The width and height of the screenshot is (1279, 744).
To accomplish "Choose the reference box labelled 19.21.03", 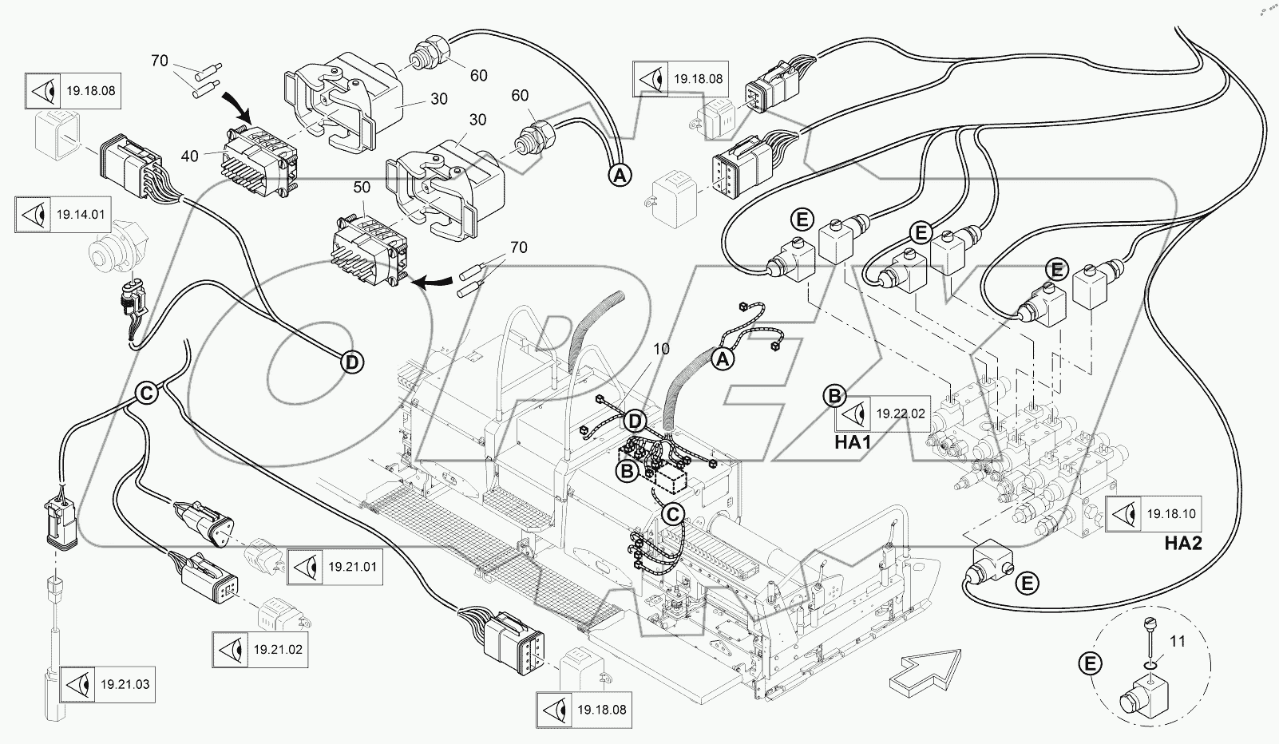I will pos(107,684).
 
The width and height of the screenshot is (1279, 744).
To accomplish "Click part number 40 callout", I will pos(190,156).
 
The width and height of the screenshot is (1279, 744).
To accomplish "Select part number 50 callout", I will pos(362,188).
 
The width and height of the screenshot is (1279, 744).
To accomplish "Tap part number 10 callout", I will pos(662,350).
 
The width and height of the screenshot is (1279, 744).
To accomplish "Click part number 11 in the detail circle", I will pos(1178,641).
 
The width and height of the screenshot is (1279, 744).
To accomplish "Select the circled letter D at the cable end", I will pos(352,362).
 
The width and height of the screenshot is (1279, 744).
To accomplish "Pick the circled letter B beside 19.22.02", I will pos(834,395).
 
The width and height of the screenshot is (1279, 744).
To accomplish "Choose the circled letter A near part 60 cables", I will pos(620,176).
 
